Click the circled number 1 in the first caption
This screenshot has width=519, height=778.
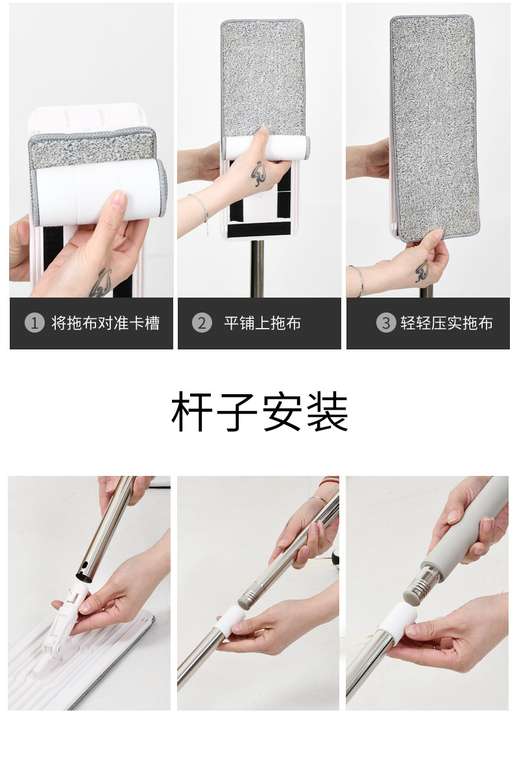[x=34, y=323]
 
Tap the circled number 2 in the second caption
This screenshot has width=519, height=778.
[x=202, y=323]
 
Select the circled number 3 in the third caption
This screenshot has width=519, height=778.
[x=386, y=323]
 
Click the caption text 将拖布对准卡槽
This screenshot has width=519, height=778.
[x=105, y=323]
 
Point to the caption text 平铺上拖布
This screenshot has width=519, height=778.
[x=263, y=323]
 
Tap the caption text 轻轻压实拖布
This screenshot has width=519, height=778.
[x=446, y=323]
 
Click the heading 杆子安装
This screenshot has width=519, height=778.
[x=259, y=413]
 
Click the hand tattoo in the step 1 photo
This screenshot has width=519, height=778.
[x=100, y=283]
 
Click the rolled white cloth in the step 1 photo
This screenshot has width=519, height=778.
[x=97, y=191]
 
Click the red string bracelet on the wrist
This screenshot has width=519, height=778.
[x=330, y=480]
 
